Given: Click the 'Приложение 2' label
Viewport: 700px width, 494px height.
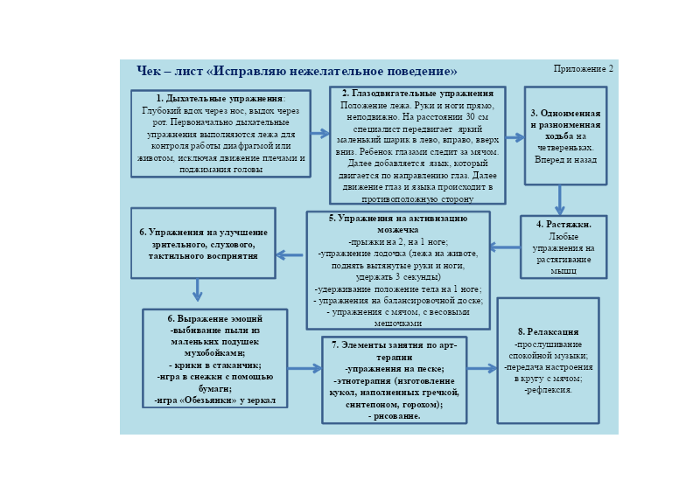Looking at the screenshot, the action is [583, 69].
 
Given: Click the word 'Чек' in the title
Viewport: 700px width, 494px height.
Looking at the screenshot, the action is [148, 71].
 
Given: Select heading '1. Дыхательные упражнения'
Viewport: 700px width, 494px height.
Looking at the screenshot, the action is [220, 98].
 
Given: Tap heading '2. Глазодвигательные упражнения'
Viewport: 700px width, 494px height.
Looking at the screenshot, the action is [418, 94].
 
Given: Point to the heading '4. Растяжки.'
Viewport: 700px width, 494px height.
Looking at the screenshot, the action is [563, 225].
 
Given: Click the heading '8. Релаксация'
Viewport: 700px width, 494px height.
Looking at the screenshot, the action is [549, 331].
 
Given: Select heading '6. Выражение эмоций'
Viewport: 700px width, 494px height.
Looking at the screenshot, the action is [214, 318].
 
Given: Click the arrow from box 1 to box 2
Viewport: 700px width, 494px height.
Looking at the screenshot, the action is [320, 134].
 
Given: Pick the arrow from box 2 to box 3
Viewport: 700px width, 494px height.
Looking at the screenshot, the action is [515, 137].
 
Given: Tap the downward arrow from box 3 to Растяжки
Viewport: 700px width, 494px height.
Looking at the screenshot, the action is [560, 200].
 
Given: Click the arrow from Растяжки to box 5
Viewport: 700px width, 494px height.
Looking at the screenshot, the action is [505, 247].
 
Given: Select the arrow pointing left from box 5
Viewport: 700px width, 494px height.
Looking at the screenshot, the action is [290, 255].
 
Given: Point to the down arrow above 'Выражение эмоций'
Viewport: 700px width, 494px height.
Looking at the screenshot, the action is [198, 290].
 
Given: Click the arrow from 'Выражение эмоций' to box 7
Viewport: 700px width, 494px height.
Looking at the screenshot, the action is [304, 369].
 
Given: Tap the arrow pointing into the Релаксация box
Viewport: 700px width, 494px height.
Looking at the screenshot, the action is [482, 369].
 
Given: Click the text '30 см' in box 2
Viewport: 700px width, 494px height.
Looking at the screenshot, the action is [477, 117].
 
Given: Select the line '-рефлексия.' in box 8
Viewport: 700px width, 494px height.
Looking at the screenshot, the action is [549, 390].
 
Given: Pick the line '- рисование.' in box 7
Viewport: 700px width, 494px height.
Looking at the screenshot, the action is [395, 416].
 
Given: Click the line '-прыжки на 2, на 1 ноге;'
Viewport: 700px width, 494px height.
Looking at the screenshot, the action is [398, 242].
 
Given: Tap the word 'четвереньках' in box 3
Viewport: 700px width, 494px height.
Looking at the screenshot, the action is [565, 148].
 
